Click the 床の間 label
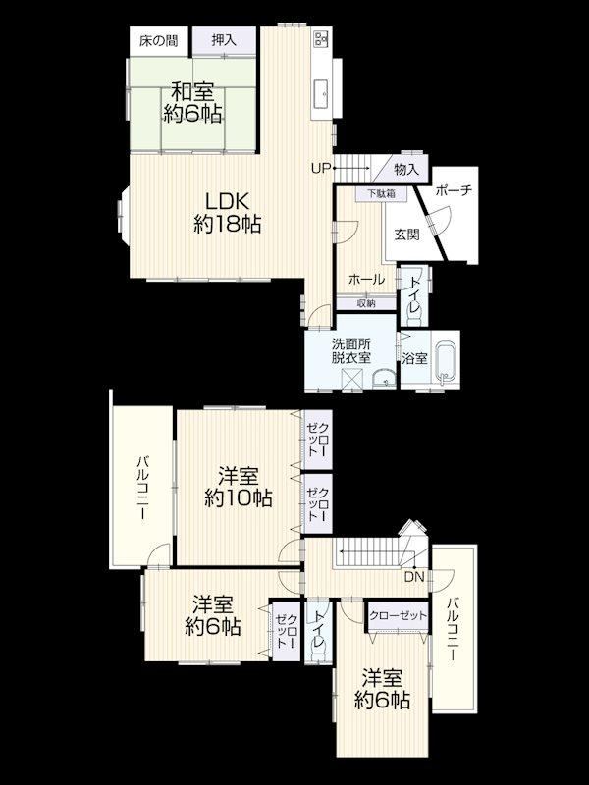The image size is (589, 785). click(x=158, y=40)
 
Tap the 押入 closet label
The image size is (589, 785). click(x=224, y=40)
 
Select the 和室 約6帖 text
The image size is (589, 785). click(x=192, y=103)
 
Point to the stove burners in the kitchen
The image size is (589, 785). click(x=321, y=37)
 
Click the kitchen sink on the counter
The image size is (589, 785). click(x=321, y=93)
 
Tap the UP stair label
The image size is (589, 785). click(x=321, y=168)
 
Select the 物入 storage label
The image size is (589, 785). click(x=406, y=169)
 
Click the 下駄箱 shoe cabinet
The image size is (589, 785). click(x=382, y=193)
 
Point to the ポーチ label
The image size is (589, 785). click(x=454, y=190)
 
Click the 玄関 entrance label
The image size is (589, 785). click(x=406, y=234)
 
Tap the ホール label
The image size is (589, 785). click(x=366, y=280)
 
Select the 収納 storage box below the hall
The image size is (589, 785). click(x=366, y=303)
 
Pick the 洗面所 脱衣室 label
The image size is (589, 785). click(x=351, y=351)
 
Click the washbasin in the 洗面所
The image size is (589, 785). click(x=384, y=379)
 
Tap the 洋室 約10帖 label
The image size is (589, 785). click(x=239, y=487)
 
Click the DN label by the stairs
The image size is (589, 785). click(x=414, y=577)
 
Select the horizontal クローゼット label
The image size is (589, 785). click(x=399, y=615)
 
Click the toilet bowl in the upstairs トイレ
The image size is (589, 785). click(x=318, y=652)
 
